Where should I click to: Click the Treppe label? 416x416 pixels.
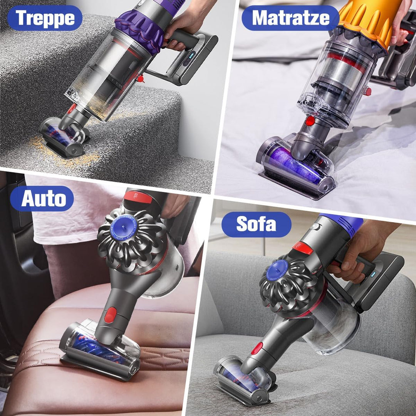coord(45,18)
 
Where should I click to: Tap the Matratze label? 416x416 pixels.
coord(290,18)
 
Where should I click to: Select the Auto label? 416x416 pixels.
coord(42,198)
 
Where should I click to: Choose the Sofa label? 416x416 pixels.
coord(256,224)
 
